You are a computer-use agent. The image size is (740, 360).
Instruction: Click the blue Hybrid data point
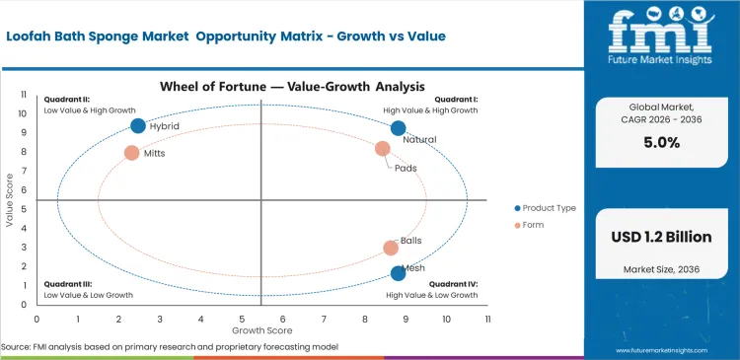point(138,125)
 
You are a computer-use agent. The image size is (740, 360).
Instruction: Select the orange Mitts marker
point(132,153)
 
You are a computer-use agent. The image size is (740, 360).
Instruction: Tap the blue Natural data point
point(399,128)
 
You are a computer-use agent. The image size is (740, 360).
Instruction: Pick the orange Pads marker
point(383,149)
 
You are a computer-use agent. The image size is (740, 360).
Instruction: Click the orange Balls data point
point(391,248)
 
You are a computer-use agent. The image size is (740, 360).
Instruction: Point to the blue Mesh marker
point(398,273)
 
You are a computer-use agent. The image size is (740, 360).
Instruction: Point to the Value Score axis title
point(9,201)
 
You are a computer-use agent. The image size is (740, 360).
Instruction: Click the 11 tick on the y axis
point(25,93)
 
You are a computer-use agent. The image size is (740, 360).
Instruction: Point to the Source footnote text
point(170,347)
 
